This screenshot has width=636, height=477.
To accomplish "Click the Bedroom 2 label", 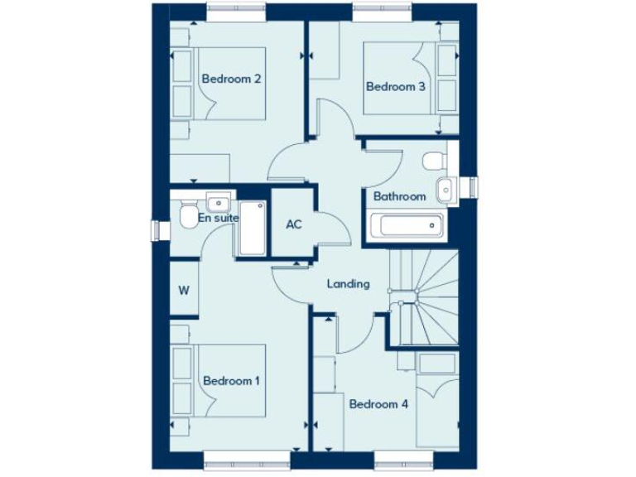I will point(232,79).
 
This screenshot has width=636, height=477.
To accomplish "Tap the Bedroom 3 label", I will point(396,86).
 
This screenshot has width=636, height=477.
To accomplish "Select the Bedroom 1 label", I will point(232,381).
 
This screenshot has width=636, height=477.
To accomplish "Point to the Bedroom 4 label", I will point(378,404).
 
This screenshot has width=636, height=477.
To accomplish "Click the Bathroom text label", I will point(399,196).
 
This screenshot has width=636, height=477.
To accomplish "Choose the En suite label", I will point(219,218).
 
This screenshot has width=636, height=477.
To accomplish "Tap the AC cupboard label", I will point(294,224).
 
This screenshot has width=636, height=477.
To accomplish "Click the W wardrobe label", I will point(184,291).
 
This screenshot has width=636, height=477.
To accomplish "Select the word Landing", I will point(348,284).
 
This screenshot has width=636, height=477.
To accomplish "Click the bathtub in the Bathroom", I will point(407,224).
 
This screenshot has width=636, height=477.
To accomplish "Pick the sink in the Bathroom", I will point(446,189).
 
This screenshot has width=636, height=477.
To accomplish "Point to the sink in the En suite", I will point(219,200).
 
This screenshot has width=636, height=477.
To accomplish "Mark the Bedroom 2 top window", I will point(237,10).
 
